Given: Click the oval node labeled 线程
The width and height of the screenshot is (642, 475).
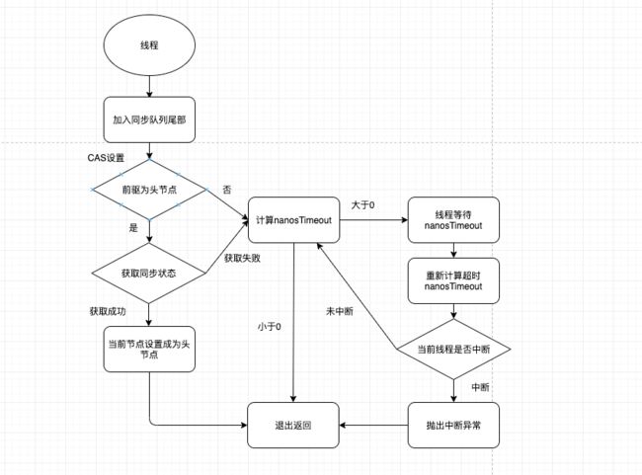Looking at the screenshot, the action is [x=149, y=45].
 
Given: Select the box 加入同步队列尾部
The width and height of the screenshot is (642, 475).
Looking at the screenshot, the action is [x=149, y=119].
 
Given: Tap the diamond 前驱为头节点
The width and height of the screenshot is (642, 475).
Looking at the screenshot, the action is [x=149, y=190].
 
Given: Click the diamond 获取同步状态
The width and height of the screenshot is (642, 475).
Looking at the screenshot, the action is [x=148, y=274].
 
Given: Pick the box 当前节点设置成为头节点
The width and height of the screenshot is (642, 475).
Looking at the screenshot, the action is [x=149, y=349].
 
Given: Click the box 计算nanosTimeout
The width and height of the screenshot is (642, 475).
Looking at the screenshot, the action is [x=294, y=220].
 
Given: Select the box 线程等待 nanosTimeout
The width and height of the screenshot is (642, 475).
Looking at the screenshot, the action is [x=453, y=220].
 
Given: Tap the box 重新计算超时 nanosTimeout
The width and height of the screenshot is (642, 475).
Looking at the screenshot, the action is [x=453, y=280].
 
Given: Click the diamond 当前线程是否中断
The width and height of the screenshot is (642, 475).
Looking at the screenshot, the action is [x=453, y=349].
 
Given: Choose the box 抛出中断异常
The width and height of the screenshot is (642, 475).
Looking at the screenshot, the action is [x=453, y=425].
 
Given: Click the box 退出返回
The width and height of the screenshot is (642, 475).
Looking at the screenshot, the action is [x=293, y=425].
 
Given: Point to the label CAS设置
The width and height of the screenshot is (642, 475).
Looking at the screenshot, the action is [x=106, y=158].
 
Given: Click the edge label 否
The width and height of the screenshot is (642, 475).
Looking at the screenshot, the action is [x=227, y=190].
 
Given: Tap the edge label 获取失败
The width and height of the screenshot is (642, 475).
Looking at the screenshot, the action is [x=242, y=258].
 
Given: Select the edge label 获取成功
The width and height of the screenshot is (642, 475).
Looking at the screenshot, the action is [x=108, y=311].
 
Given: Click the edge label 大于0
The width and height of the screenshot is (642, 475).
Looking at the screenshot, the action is [x=362, y=204].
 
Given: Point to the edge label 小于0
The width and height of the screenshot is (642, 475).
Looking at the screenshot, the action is [x=269, y=326].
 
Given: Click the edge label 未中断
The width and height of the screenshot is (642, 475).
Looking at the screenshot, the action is [x=340, y=311].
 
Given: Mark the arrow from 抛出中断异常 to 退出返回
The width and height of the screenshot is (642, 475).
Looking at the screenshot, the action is [x=373, y=425].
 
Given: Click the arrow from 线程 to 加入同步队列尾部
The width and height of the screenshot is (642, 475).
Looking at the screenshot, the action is [x=149, y=86].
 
